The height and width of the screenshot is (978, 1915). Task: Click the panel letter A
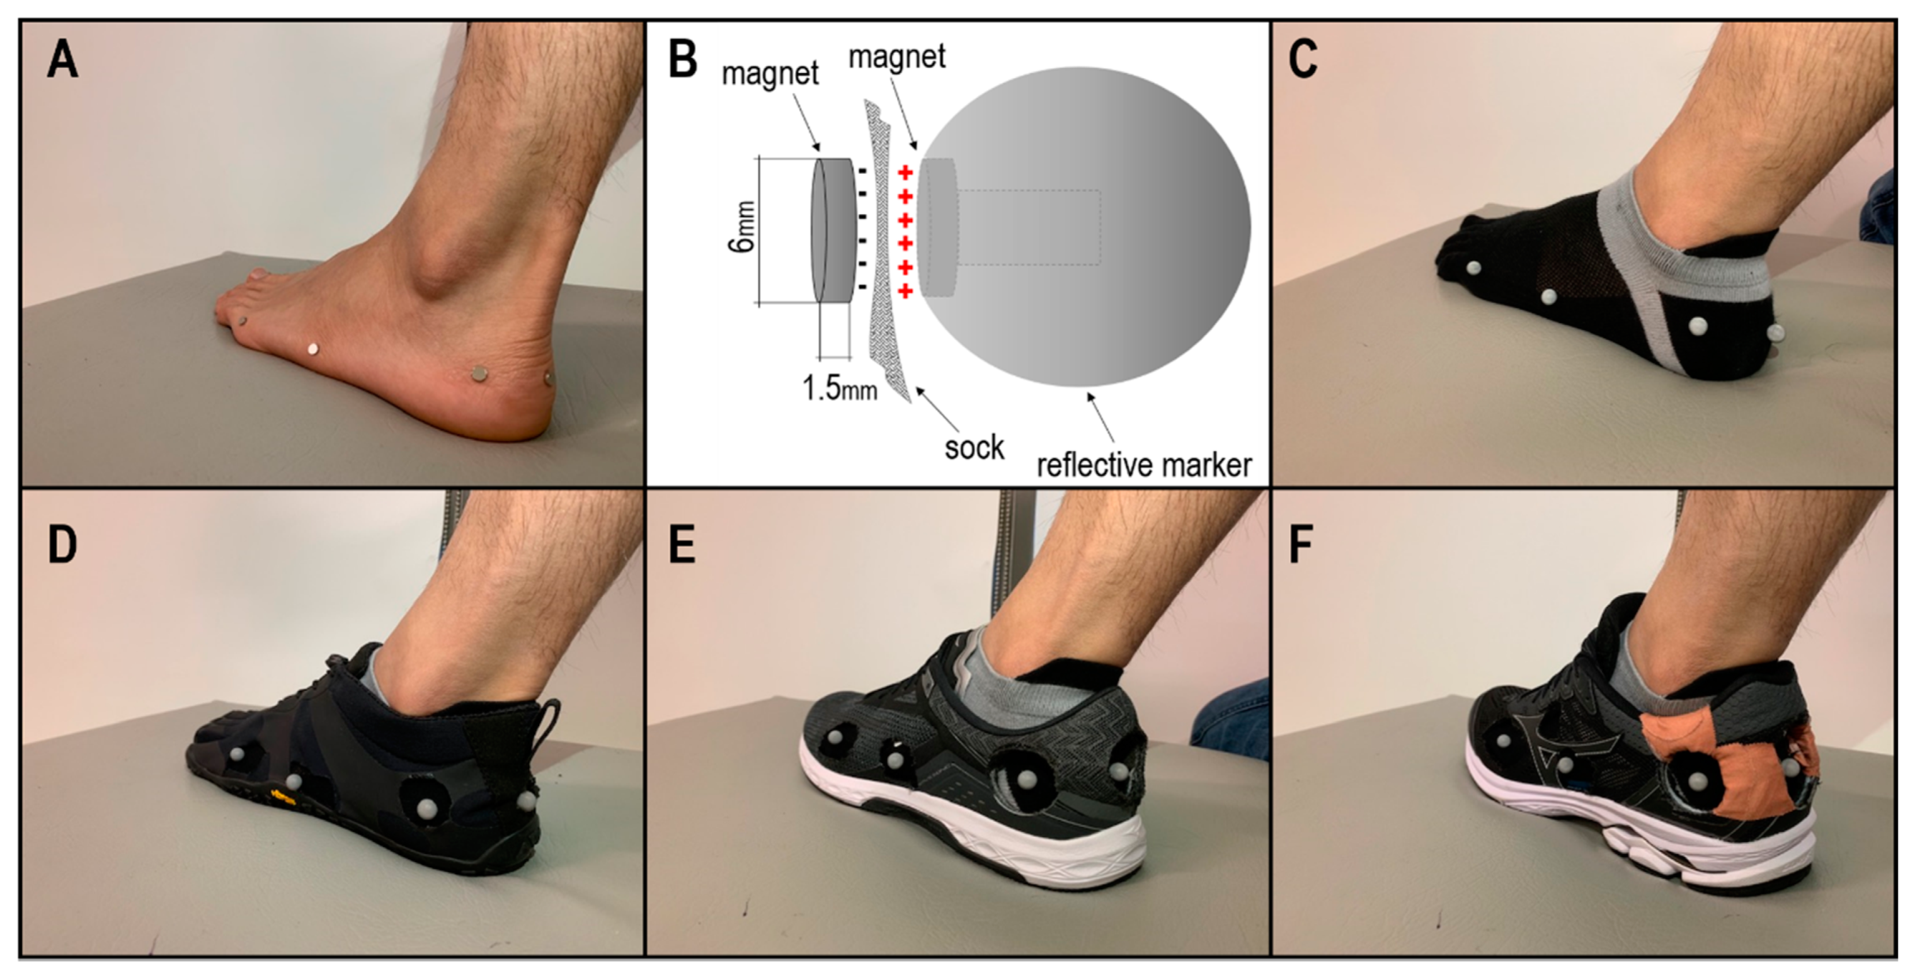tap(62, 60)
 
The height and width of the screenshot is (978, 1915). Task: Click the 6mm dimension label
tap(743, 227)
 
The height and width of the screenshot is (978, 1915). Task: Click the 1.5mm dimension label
tap(838, 387)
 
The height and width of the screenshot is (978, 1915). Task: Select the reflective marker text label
tap(1144, 465)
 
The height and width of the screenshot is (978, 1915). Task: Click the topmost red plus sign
tap(905, 174)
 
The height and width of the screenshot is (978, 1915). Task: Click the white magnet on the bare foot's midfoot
tap(313, 348)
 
